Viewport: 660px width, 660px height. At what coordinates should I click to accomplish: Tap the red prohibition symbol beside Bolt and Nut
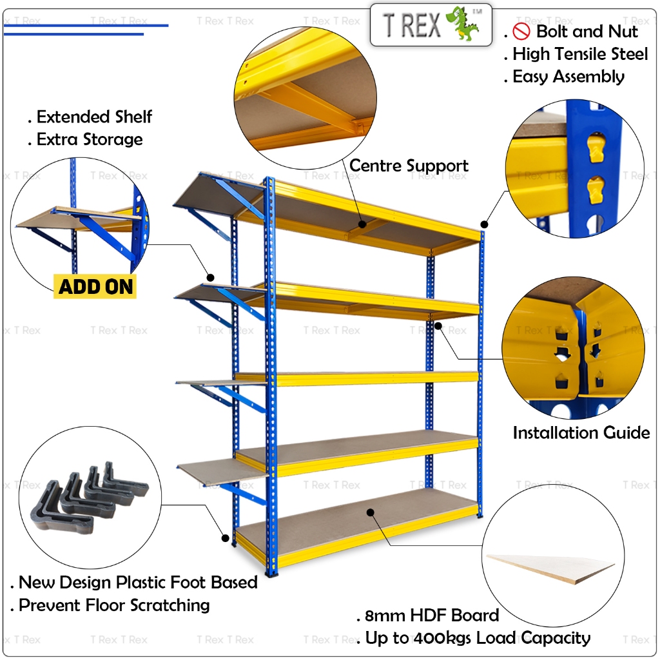coord(521,31)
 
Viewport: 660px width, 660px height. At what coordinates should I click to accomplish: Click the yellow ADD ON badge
coord(96,286)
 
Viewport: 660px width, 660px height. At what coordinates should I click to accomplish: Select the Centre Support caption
coord(409,166)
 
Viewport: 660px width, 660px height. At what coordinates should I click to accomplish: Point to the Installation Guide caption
coord(581,432)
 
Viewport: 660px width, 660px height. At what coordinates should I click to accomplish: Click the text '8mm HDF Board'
coord(432,615)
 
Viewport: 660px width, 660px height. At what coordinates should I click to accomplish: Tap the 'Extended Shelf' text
coord(94,117)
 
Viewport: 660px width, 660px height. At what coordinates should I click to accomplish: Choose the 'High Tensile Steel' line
coord(580,54)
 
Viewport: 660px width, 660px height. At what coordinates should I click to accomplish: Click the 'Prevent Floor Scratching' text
coord(114,605)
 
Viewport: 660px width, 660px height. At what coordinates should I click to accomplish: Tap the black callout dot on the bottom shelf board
coord(371,511)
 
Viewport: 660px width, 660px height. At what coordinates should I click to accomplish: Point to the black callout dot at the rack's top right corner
coord(484,224)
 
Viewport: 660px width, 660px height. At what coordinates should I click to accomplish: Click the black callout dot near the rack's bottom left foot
coord(225,537)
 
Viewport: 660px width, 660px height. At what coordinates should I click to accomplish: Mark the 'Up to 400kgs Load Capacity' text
coord(478,638)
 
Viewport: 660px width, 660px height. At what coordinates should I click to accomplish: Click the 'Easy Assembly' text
coord(568,77)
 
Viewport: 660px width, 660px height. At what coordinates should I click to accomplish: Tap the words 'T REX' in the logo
coord(412,24)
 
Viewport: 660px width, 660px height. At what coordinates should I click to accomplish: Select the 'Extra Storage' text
coord(90,139)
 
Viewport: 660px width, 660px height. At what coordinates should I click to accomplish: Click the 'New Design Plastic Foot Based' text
coord(138,583)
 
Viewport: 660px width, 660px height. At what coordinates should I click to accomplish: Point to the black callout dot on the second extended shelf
coord(210,277)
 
